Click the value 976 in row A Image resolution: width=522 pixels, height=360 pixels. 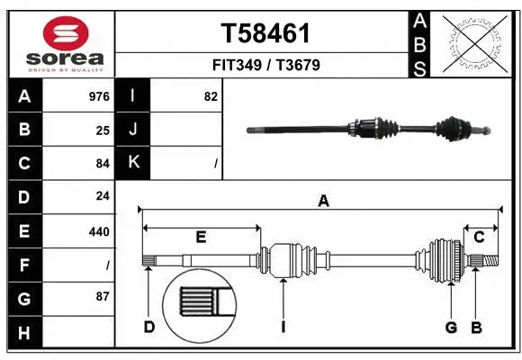pyautogui.click(x=99, y=96)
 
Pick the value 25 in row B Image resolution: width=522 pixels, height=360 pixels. pyautogui.click(x=103, y=130)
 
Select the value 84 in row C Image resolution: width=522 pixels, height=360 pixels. pyautogui.click(x=103, y=164)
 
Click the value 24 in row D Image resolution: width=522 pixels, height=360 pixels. pyautogui.click(x=103, y=197)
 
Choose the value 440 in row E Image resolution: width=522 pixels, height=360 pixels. pyautogui.click(x=99, y=231)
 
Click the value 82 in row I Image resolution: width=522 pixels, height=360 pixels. pyautogui.click(x=211, y=96)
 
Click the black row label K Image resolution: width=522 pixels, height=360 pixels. pyautogui.click(x=133, y=163)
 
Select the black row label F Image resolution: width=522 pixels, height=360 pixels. pyautogui.click(x=24, y=265)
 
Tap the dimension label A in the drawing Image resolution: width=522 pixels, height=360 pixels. pyautogui.click(x=322, y=202)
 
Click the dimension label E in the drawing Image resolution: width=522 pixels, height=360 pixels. pyautogui.click(x=201, y=237)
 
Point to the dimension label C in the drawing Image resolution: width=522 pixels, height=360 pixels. pyautogui.click(x=480, y=237)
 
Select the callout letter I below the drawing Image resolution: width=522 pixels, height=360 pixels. pyautogui.click(x=283, y=327)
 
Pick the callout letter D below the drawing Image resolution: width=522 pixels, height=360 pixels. pyautogui.click(x=149, y=327)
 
